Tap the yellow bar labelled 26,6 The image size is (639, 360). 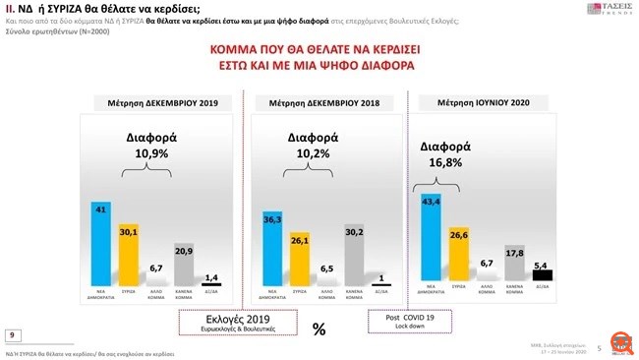457,259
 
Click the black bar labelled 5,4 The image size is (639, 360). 542,275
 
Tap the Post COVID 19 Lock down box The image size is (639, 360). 410,321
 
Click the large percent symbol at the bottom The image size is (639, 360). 319,330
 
